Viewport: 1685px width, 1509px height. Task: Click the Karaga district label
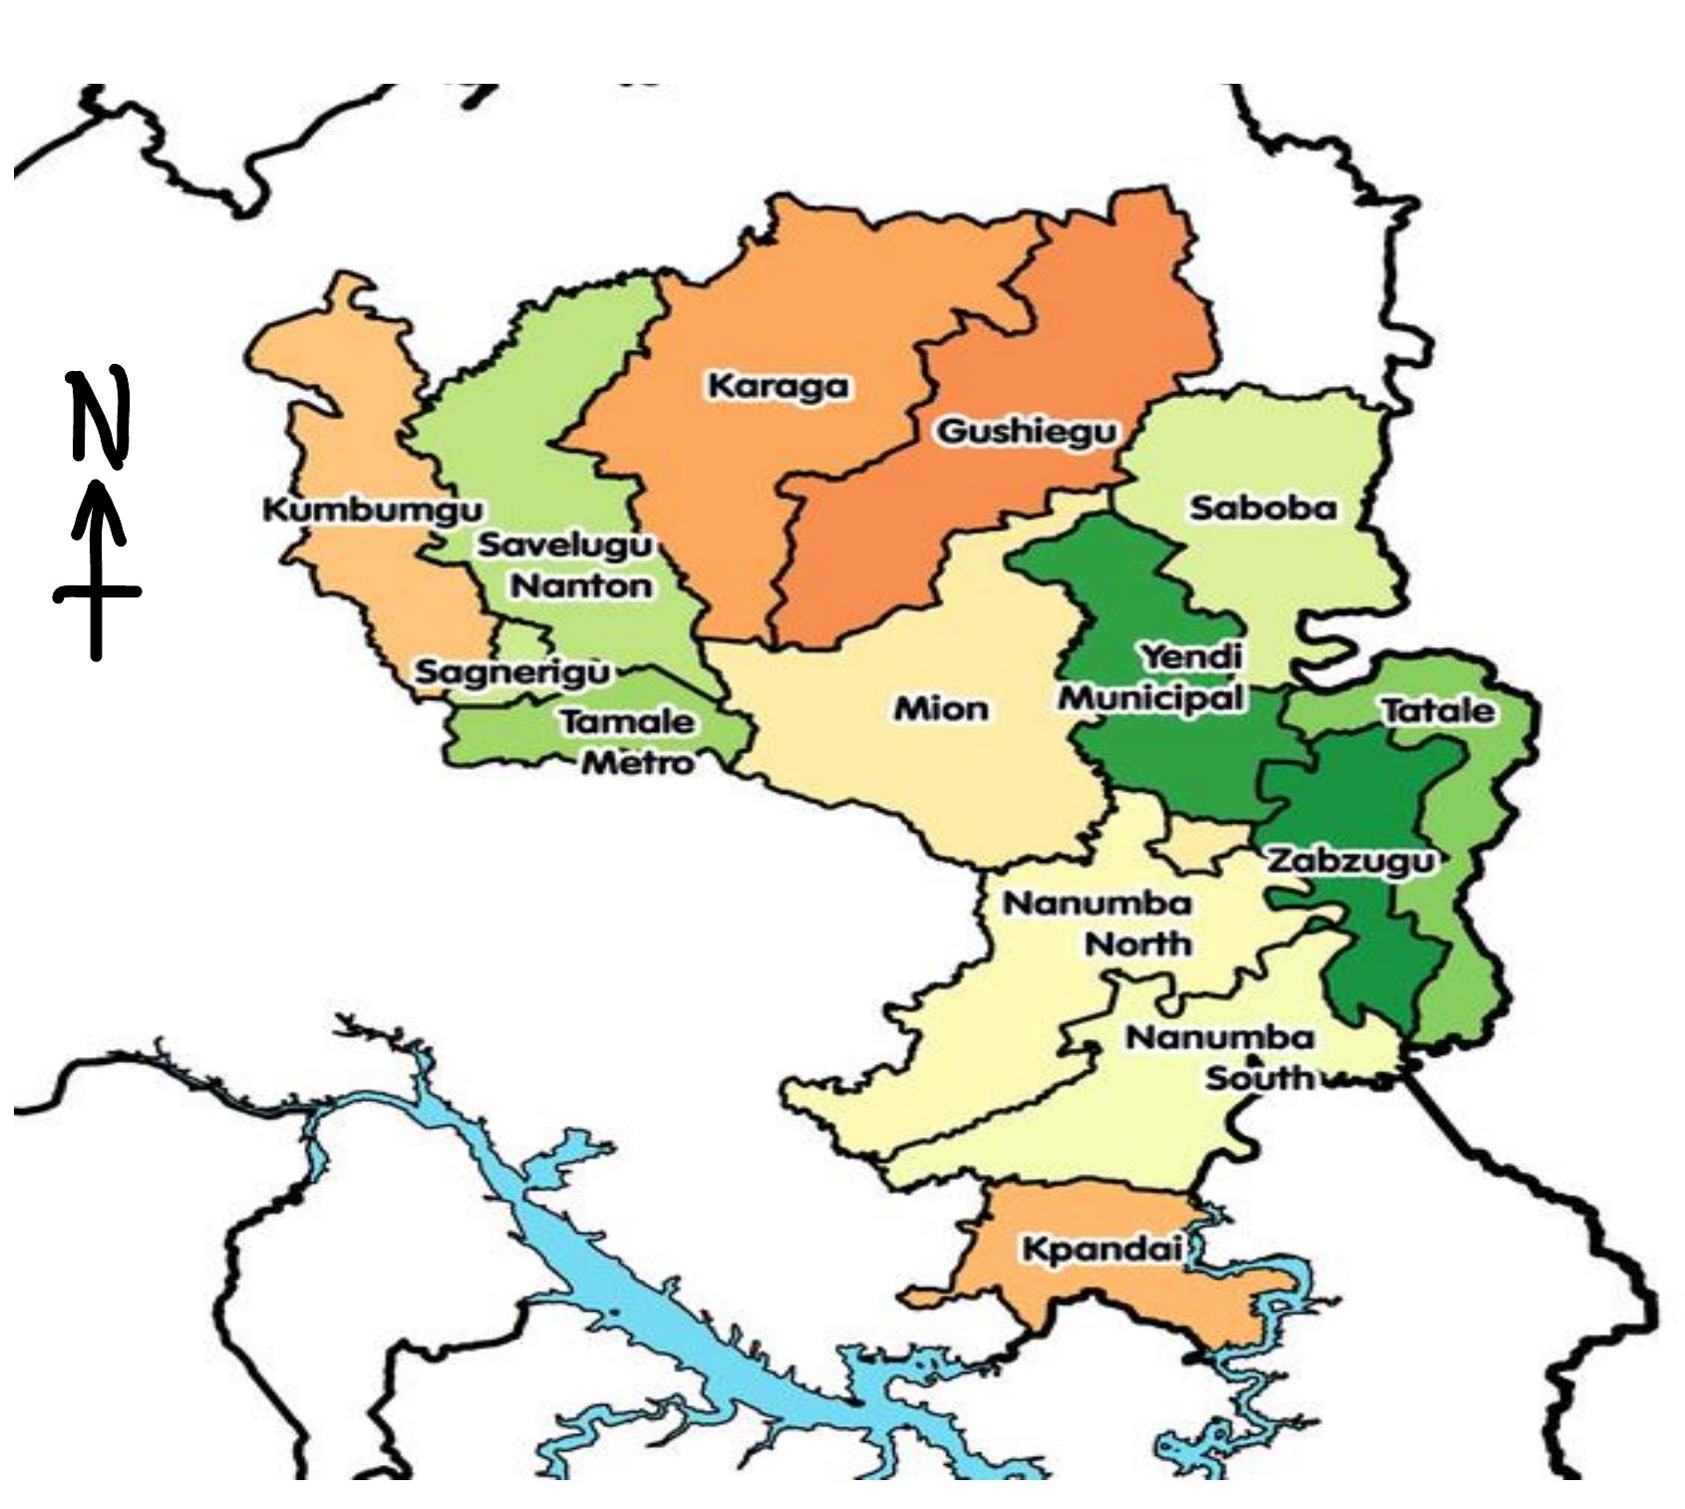[x=779, y=386]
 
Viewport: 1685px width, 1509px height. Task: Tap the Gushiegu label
[x=1027, y=432]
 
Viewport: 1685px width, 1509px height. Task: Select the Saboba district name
[x=1262, y=509]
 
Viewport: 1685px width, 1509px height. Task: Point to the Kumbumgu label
[x=372, y=510]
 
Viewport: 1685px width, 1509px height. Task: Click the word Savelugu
[x=565, y=546]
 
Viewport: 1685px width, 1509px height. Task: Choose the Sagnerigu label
[x=511, y=671]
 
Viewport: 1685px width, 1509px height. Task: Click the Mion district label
[x=940, y=709]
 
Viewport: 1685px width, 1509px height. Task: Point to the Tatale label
[x=1438, y=711]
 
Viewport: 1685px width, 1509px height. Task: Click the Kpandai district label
[x=1102, y=1249]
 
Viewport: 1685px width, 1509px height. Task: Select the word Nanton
[x=581, y=585]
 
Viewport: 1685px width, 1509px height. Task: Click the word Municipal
[x=1152, y=697]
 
